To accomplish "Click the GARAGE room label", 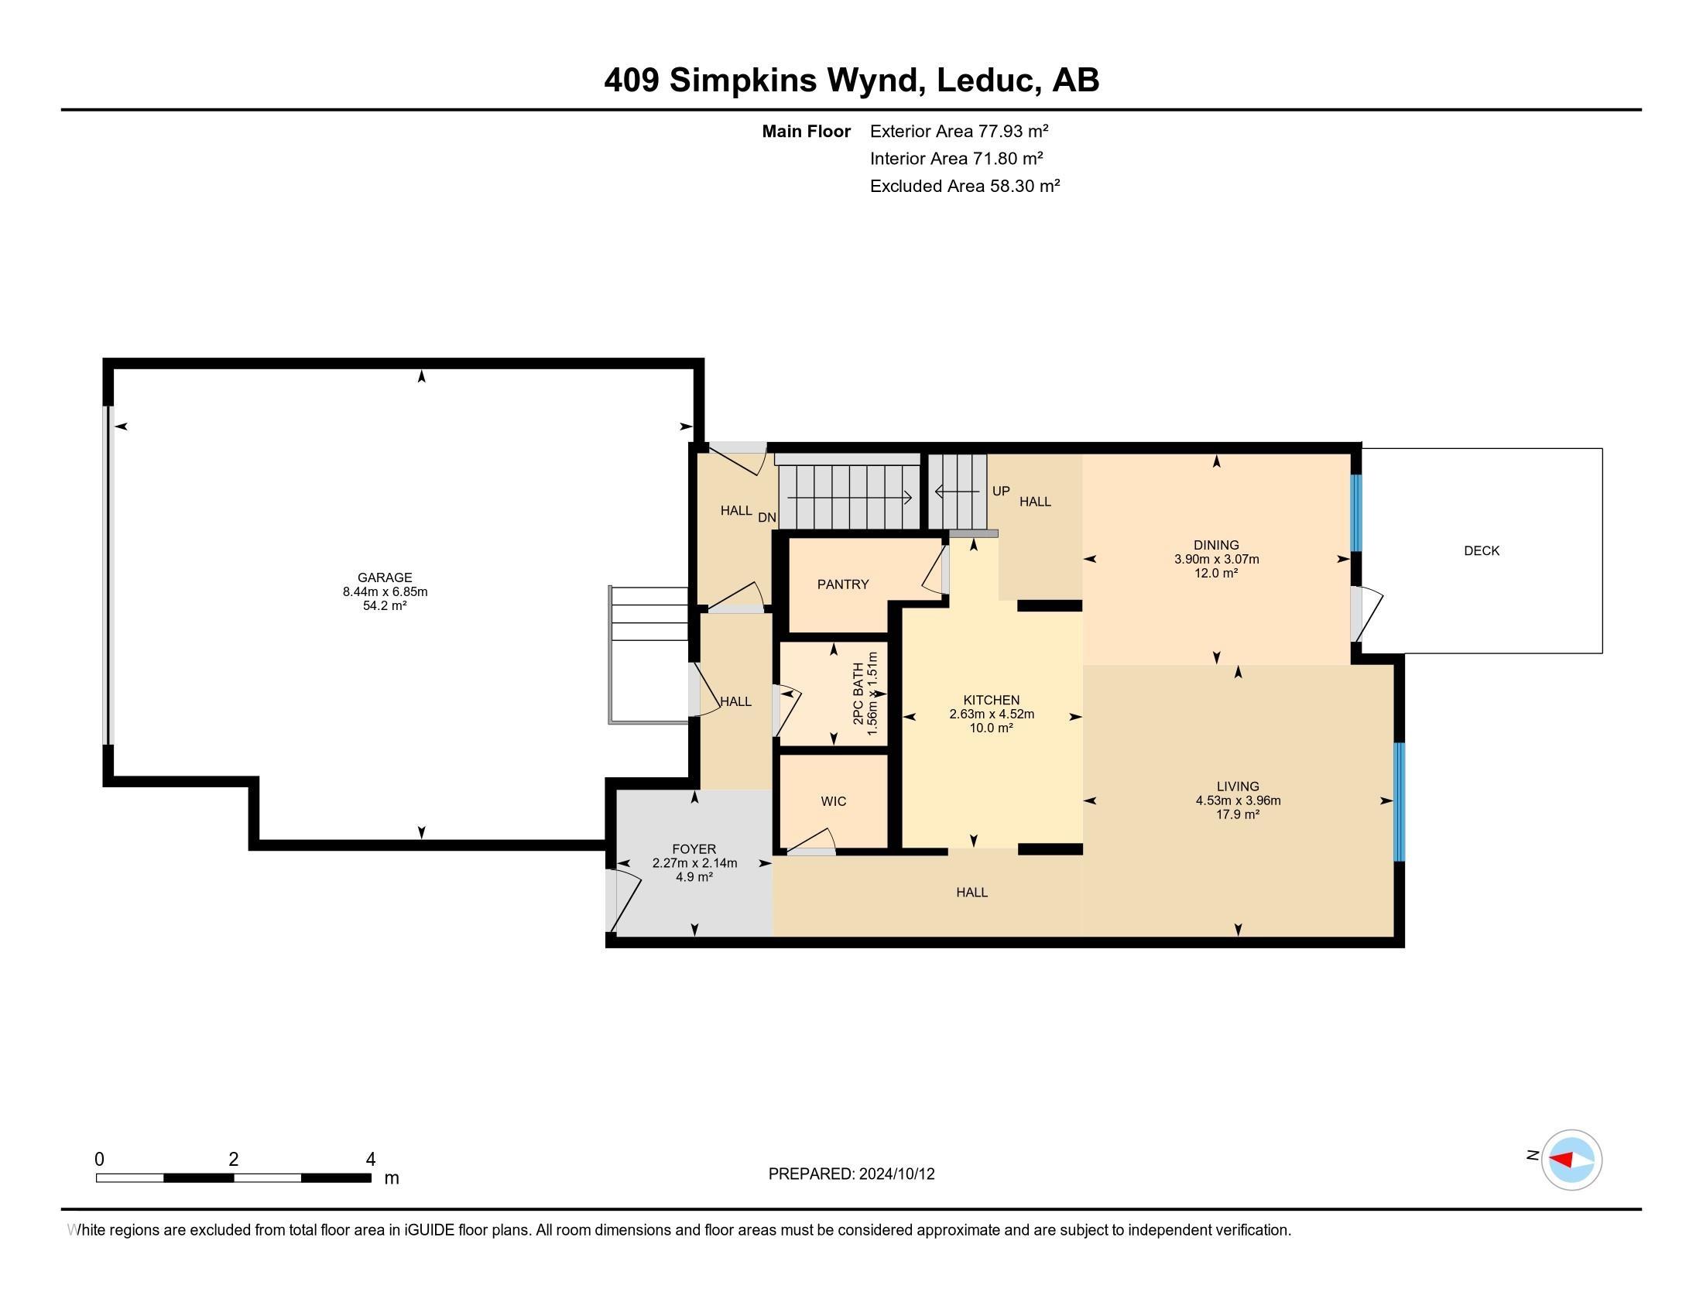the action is tap(385, 577).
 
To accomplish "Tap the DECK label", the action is tap(1482, 551).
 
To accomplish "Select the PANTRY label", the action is tap(843, 584).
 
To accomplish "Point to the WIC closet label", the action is tap(834, 801).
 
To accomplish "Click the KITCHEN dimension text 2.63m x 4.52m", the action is tap(992, 715).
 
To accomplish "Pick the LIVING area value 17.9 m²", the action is tap(1239, 814).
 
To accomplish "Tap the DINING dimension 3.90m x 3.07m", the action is tap(1216, 559).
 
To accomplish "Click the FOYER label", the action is tap(694, 849).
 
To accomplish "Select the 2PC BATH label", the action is tap(858, 694).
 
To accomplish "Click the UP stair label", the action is tap(1001, 491).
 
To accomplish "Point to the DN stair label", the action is tap(767, 518).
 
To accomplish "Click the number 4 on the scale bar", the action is tap(371, 1160).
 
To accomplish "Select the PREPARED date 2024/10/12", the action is tap(896, 1174).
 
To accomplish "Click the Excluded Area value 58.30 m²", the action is tap(1025, 187).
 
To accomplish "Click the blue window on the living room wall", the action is tap(1399, 801).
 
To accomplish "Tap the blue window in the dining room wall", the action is tap(1356, 513).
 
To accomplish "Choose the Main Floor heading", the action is tap(807, 132).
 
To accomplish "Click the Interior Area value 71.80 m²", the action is tap(1007, 159).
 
